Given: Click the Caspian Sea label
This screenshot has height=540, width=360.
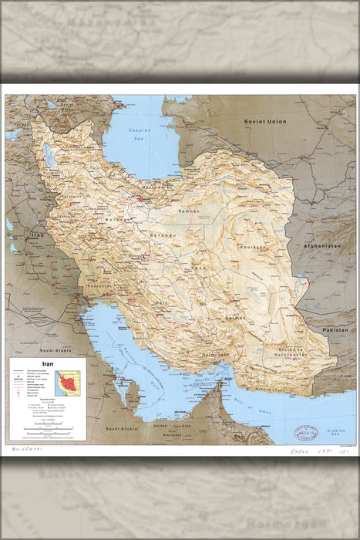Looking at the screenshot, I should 140,134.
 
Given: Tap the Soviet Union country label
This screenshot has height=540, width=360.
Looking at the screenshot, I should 265,122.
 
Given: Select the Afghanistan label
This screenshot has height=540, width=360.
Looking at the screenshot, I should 319,245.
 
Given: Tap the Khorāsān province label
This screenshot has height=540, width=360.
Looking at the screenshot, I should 252,247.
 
